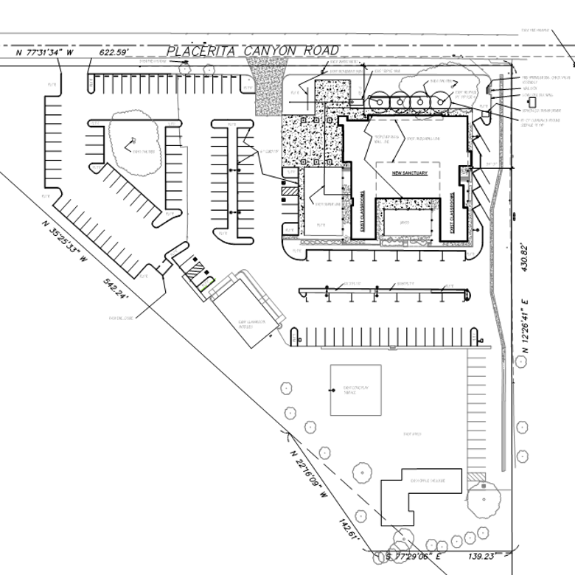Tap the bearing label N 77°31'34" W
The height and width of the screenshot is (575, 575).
coord(46,53)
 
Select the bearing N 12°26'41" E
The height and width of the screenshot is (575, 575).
coord(526,332)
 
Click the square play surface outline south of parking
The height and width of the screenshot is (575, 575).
coord(355,390)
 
